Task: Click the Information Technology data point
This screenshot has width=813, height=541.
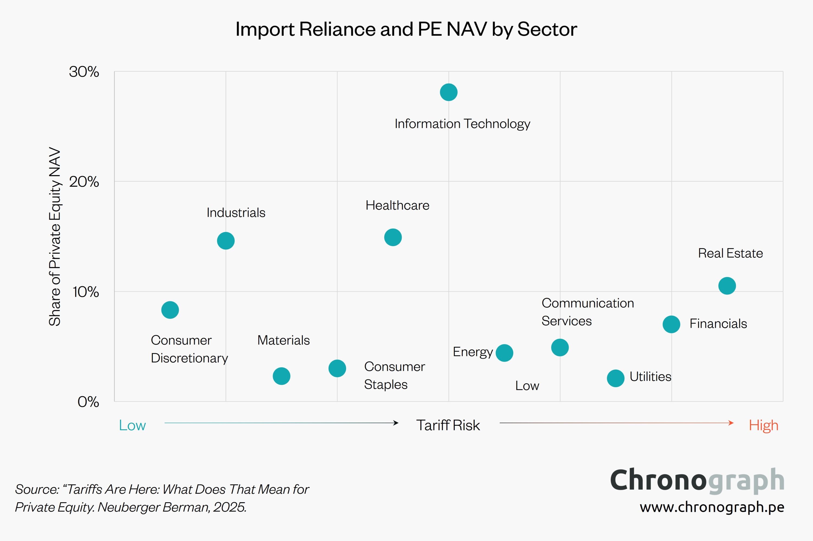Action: pos(449,93)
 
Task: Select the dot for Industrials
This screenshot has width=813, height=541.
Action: pos(226,241)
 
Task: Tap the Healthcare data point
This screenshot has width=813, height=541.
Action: pos(393,237)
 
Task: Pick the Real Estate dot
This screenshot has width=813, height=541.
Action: pos(727,286)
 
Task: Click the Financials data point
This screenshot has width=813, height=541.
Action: pos(671,324)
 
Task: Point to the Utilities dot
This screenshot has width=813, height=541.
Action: pos(615,378)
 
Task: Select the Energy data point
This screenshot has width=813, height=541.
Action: pos(504,353)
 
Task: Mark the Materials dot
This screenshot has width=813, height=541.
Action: pos(282,376)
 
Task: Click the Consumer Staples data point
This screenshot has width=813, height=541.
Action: pos(337,368)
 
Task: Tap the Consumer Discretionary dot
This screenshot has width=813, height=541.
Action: pos(170,310)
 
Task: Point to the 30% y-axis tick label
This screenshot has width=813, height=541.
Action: pos(84,72)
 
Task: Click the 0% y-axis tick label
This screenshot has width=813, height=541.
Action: pos(88,402)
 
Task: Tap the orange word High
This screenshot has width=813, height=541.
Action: pos(763,425)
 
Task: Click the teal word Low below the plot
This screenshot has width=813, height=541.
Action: pos(132,425)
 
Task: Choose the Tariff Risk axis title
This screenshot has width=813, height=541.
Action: pos(448,425)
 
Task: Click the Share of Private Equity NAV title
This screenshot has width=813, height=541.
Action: pos(54,237)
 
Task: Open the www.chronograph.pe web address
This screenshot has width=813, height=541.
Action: pos(712,507)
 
